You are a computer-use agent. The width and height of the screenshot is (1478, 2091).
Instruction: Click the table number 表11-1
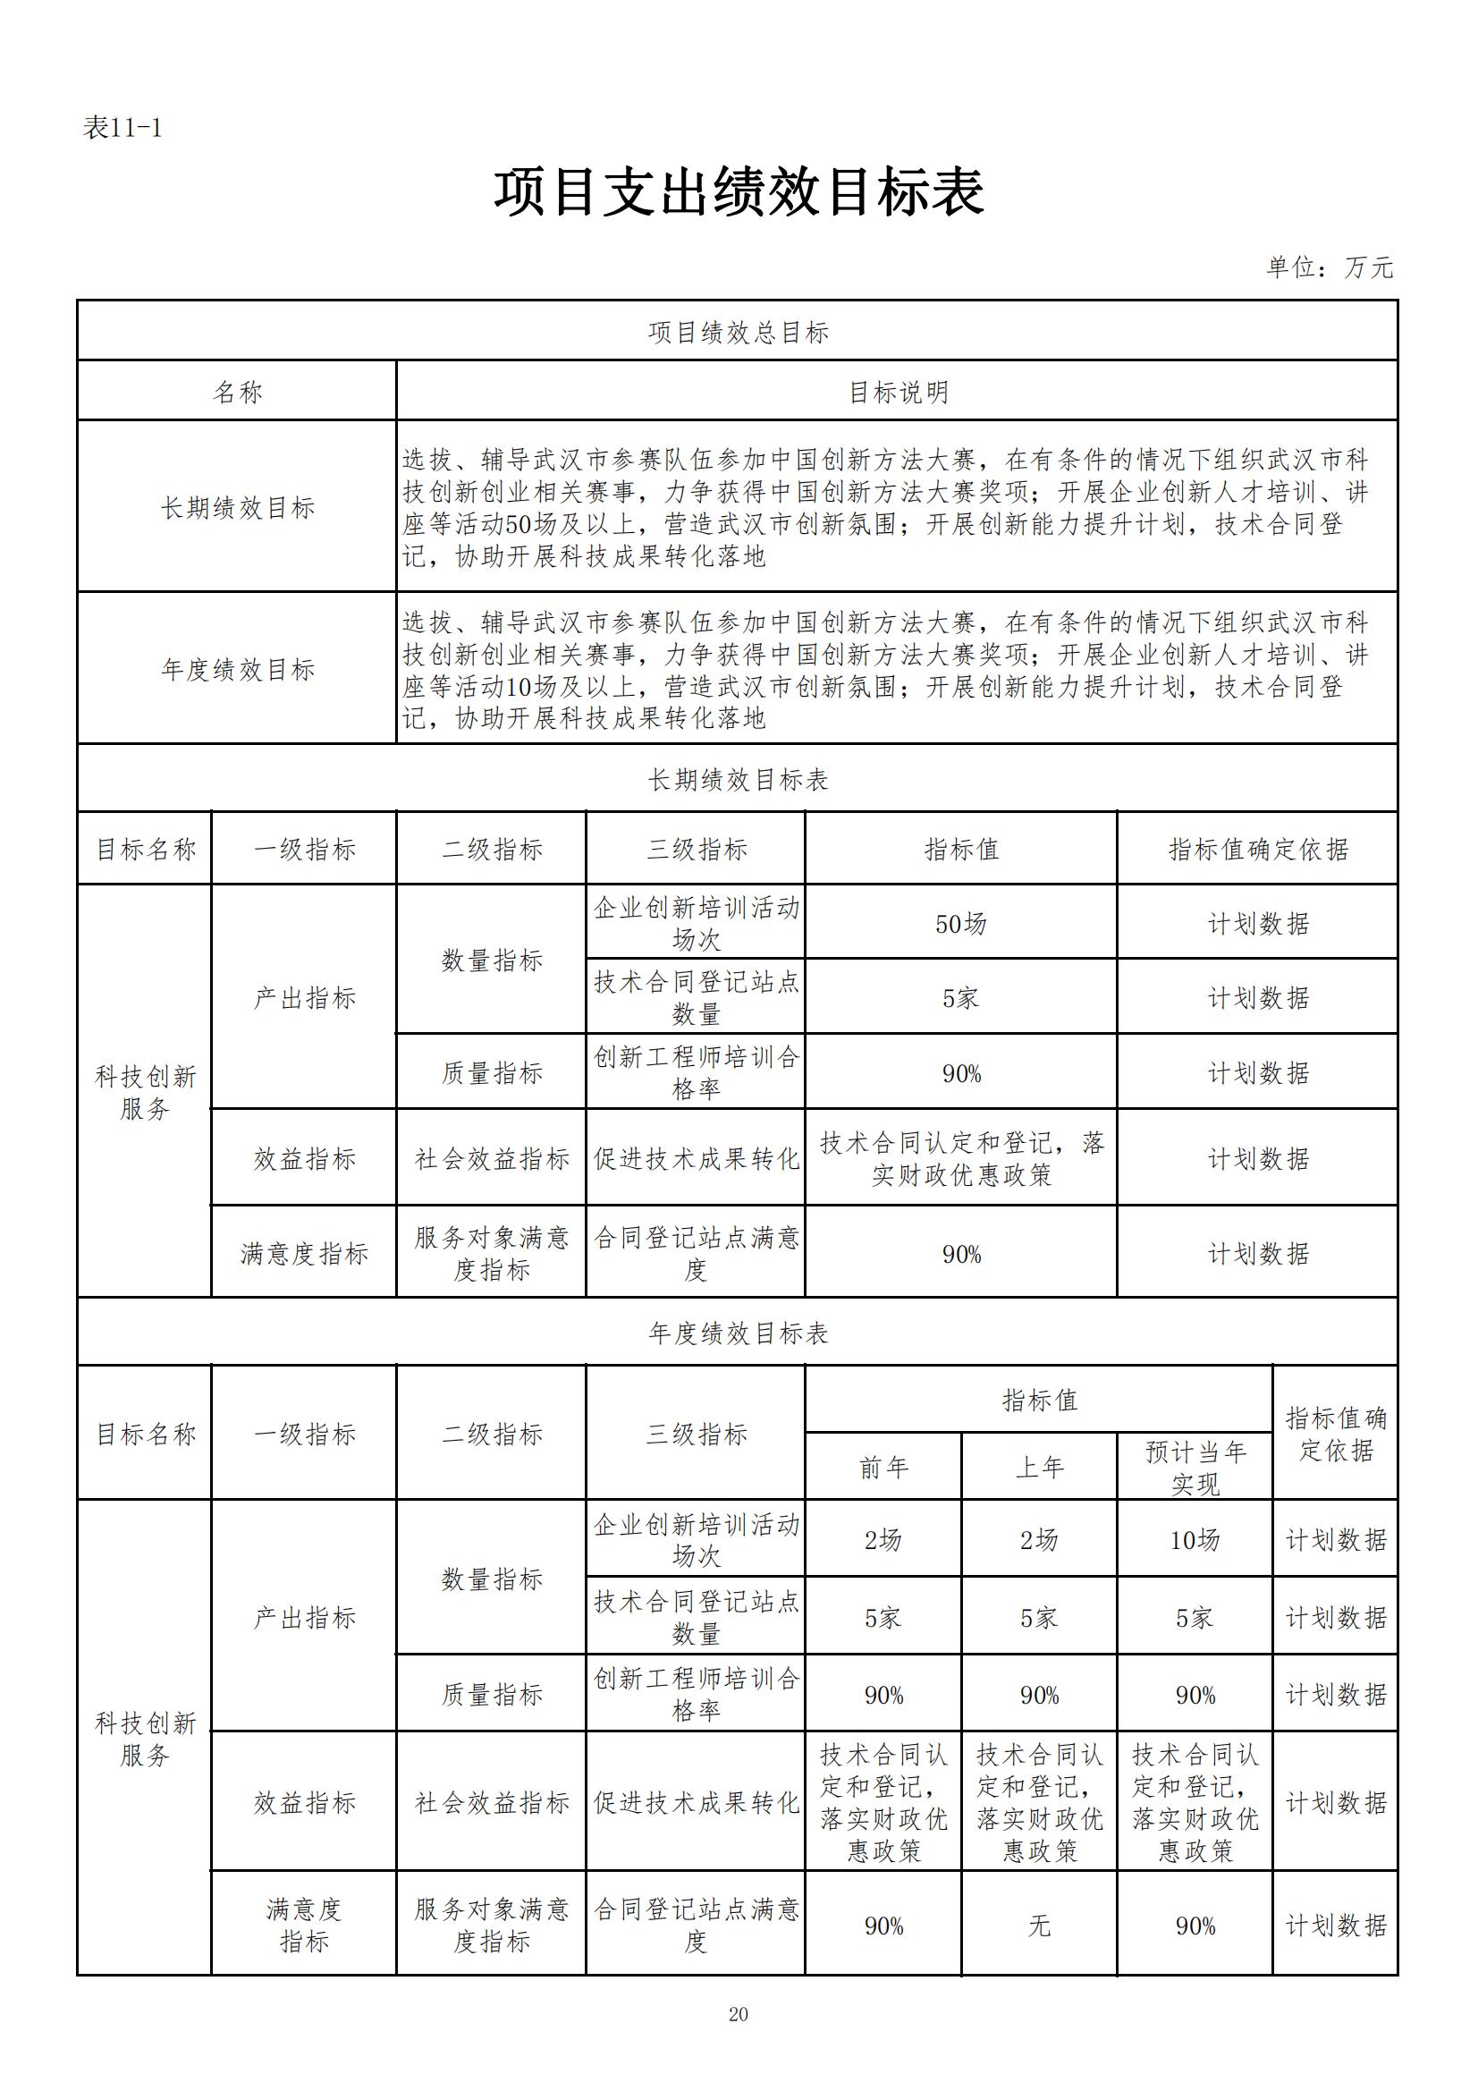122,129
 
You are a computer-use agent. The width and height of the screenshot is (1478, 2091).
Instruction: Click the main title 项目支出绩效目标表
738,193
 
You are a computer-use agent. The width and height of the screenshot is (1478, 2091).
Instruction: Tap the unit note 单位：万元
1329,267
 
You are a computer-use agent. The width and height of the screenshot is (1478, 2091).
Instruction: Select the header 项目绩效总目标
738,333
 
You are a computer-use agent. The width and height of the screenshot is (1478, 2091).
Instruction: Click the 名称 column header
237,393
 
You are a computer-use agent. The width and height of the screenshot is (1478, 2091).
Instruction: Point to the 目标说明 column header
898,393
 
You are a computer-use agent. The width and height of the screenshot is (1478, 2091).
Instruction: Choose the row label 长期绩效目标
237,507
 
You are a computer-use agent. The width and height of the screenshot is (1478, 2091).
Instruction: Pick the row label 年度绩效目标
237,669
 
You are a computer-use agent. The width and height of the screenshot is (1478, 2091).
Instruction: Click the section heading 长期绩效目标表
738,780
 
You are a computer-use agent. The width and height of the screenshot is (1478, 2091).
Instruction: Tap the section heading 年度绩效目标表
738,1333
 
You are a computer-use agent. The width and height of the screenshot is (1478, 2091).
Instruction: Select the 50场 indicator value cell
961,924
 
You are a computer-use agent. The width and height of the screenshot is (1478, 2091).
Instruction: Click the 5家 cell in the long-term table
961,998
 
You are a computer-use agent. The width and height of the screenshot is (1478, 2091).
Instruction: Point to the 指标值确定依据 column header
1258,850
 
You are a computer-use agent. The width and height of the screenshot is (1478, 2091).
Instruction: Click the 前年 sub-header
883,1468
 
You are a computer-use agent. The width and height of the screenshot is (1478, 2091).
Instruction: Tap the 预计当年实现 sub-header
1195,1468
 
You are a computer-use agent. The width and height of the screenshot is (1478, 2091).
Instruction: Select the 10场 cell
1195,1540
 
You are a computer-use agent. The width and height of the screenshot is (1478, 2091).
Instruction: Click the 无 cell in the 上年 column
1039,1926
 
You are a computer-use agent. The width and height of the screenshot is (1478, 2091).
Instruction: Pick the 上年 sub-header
1039,1468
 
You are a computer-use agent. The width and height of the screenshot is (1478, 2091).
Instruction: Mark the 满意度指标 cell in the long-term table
304,1254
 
